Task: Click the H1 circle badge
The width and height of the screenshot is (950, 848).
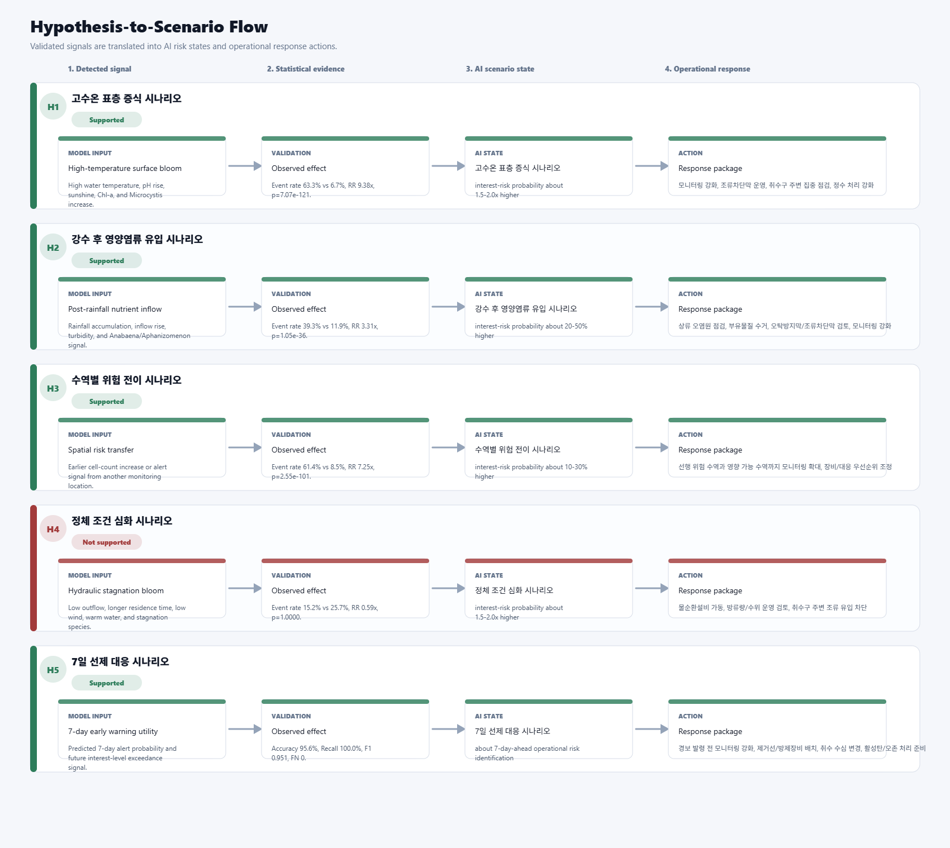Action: (x=53, y=106)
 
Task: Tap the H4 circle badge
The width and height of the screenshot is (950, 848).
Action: (x=53, y=528)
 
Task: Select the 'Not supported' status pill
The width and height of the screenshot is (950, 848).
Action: (x=107, y=542)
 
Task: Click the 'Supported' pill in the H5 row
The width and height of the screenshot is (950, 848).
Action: (x=107, y=683)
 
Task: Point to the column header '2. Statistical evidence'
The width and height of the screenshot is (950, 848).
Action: (x=306, y=69)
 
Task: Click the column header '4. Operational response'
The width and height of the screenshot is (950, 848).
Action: (x=707, y=69)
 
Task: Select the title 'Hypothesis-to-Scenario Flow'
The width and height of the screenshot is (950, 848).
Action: (x=149, y=27)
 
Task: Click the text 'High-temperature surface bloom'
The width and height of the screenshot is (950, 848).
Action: (x=125, y=168)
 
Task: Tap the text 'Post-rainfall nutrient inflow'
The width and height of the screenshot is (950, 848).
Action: (x=115, y=309)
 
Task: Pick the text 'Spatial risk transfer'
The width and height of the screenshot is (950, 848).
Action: (x=101, y=450)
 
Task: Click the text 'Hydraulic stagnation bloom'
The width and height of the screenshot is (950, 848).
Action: (x=116, y=590)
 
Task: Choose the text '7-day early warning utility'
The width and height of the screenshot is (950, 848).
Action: (x=113, y=731)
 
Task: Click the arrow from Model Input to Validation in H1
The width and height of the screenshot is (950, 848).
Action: (x=245, y=166)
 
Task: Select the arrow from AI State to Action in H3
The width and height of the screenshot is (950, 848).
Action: (x=652, y=447)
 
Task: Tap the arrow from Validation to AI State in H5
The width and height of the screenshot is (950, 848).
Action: (x=448, y=729)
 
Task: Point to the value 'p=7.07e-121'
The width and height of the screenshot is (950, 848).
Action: (x=291, y=195)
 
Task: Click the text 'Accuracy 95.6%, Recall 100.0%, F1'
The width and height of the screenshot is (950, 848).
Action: (x=321, y=749)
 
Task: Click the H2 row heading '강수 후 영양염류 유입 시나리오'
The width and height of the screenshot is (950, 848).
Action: (x=137, y=239)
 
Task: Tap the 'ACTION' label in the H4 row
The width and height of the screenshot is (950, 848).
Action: (x=690, y=575)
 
